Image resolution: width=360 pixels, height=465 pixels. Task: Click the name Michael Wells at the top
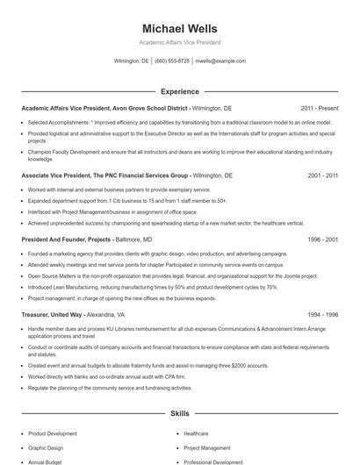(x=179, y=29)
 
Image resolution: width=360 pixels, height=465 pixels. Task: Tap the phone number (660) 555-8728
(x=172, y=61)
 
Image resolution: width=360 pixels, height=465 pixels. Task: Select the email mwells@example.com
(x=220, y=61)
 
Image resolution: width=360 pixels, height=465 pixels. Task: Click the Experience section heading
(x=179, y=91)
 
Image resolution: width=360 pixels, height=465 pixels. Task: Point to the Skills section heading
(x=179, y=412)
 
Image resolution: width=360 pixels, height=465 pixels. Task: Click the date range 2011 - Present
(x=320, y=107)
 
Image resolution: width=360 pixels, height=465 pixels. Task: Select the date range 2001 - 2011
(x=322, y=175)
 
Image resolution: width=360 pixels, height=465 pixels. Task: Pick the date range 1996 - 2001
(x=322, y=239)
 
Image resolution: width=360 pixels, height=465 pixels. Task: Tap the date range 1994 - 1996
(x=322, y=314)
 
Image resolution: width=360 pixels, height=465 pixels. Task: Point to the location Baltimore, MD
(x=134, y=239)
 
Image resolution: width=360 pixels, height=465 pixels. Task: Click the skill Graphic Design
(x=46, y=447)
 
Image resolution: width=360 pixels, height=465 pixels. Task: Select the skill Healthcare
(x=196, y=433)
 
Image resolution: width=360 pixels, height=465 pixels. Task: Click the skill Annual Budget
(x=45, y=461)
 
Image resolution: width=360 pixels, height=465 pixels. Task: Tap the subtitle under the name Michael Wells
(x=179, y=42)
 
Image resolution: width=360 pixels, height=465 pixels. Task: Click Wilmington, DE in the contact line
(x=132, y=61)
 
